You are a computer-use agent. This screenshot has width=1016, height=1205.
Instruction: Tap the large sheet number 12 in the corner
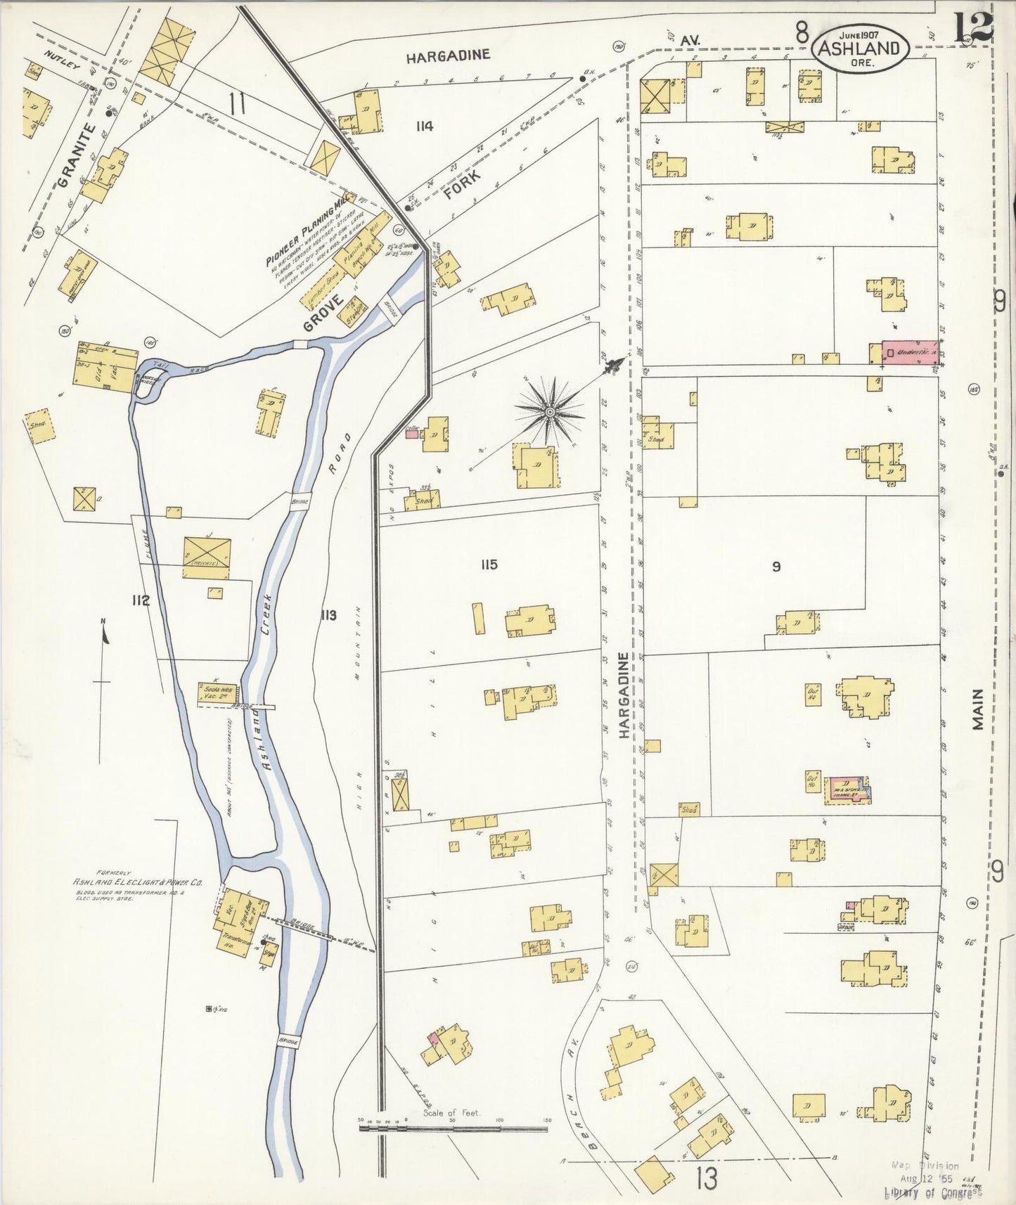pyautogui.click(x=973, y=28)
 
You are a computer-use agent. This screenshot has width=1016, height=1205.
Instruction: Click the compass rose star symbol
pyautogui.click(x=551, y=411)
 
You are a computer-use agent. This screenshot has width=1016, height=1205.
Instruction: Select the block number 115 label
pyautogui.click(x=489, y=565)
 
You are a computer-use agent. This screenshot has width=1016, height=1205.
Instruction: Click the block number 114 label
pyautogui.click(x=424, y=127)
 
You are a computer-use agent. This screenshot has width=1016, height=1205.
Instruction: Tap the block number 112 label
pyautogui.click(x=141, y=600)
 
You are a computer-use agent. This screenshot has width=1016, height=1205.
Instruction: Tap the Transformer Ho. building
pyautogui.click(x=237, y=941)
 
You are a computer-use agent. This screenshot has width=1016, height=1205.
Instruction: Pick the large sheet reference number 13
pyautogui.click(x=706, y=1177)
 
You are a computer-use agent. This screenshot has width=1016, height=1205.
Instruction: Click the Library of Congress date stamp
pyautogui.click(x=932, y=1178)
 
